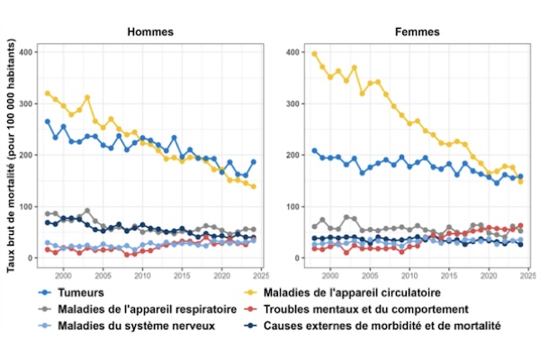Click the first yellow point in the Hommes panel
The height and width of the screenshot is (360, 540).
[x=48, y=94]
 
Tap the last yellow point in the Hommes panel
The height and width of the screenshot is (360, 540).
[x=254, y=186]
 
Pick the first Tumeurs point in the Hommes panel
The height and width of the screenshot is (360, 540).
[x=48, y=121]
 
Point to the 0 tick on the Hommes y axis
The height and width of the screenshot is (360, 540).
[x=30, y=258]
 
